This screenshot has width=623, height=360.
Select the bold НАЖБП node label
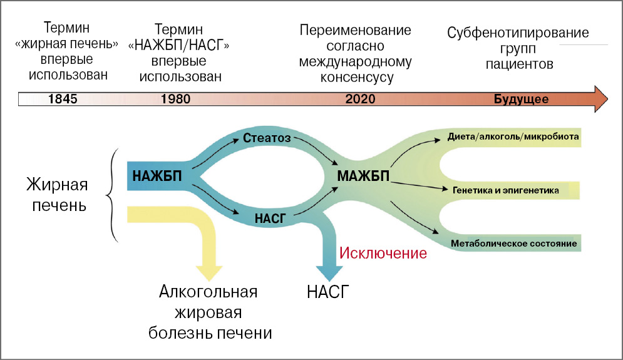tap(158, 177)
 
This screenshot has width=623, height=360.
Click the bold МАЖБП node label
tap(364, 177)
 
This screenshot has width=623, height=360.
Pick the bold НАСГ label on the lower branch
tap(271, 218)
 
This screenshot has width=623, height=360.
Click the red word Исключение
tap(383, 254)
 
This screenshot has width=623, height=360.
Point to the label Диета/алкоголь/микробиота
tap(512, 136)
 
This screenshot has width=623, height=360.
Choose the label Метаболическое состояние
tap(514, 242)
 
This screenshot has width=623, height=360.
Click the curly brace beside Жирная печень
tap(115, 195)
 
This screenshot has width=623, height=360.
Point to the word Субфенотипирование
tap(518, 33)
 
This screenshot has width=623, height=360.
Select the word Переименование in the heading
tap(355, 30)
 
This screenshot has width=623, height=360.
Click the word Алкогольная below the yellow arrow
tap(209, 292)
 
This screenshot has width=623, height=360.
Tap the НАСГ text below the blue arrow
tap(328, 292)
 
